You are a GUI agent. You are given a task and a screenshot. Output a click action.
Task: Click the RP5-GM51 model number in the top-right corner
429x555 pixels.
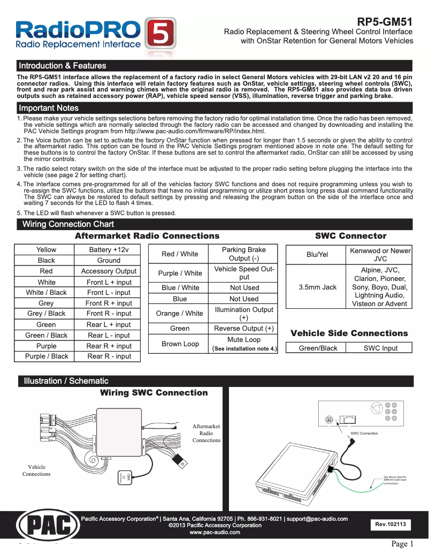(385, 22)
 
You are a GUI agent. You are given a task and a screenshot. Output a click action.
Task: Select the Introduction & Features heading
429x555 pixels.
(63, 66)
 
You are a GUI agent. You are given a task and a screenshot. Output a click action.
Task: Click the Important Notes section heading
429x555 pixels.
(49, 108)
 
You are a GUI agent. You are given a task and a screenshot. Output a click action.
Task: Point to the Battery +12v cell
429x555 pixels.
(109, 250)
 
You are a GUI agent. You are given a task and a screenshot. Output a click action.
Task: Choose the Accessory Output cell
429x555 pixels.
(109, 271)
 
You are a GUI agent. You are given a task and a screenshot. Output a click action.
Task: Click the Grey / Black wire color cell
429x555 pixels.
(46, 314)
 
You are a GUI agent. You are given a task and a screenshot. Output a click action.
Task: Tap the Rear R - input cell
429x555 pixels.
(109, 356)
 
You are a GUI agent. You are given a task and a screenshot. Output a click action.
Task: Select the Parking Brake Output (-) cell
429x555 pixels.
(243, 254)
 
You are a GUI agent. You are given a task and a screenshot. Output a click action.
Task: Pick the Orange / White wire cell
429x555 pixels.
(179, 314)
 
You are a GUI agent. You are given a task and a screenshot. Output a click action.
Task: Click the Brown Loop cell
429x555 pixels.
(180, 344)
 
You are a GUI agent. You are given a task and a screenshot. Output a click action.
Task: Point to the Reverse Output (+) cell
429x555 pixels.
(243, 329)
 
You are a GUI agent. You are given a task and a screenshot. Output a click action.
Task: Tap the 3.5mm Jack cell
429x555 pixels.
(317, 287)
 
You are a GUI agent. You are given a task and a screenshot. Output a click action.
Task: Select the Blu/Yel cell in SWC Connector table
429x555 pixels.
(317, 255)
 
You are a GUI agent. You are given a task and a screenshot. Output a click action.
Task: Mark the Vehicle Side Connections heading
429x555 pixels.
(349, 333)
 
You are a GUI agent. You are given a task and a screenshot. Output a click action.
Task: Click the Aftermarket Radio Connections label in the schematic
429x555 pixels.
(206, 433)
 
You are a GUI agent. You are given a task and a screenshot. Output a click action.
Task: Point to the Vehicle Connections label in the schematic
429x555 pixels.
(36, 470)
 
